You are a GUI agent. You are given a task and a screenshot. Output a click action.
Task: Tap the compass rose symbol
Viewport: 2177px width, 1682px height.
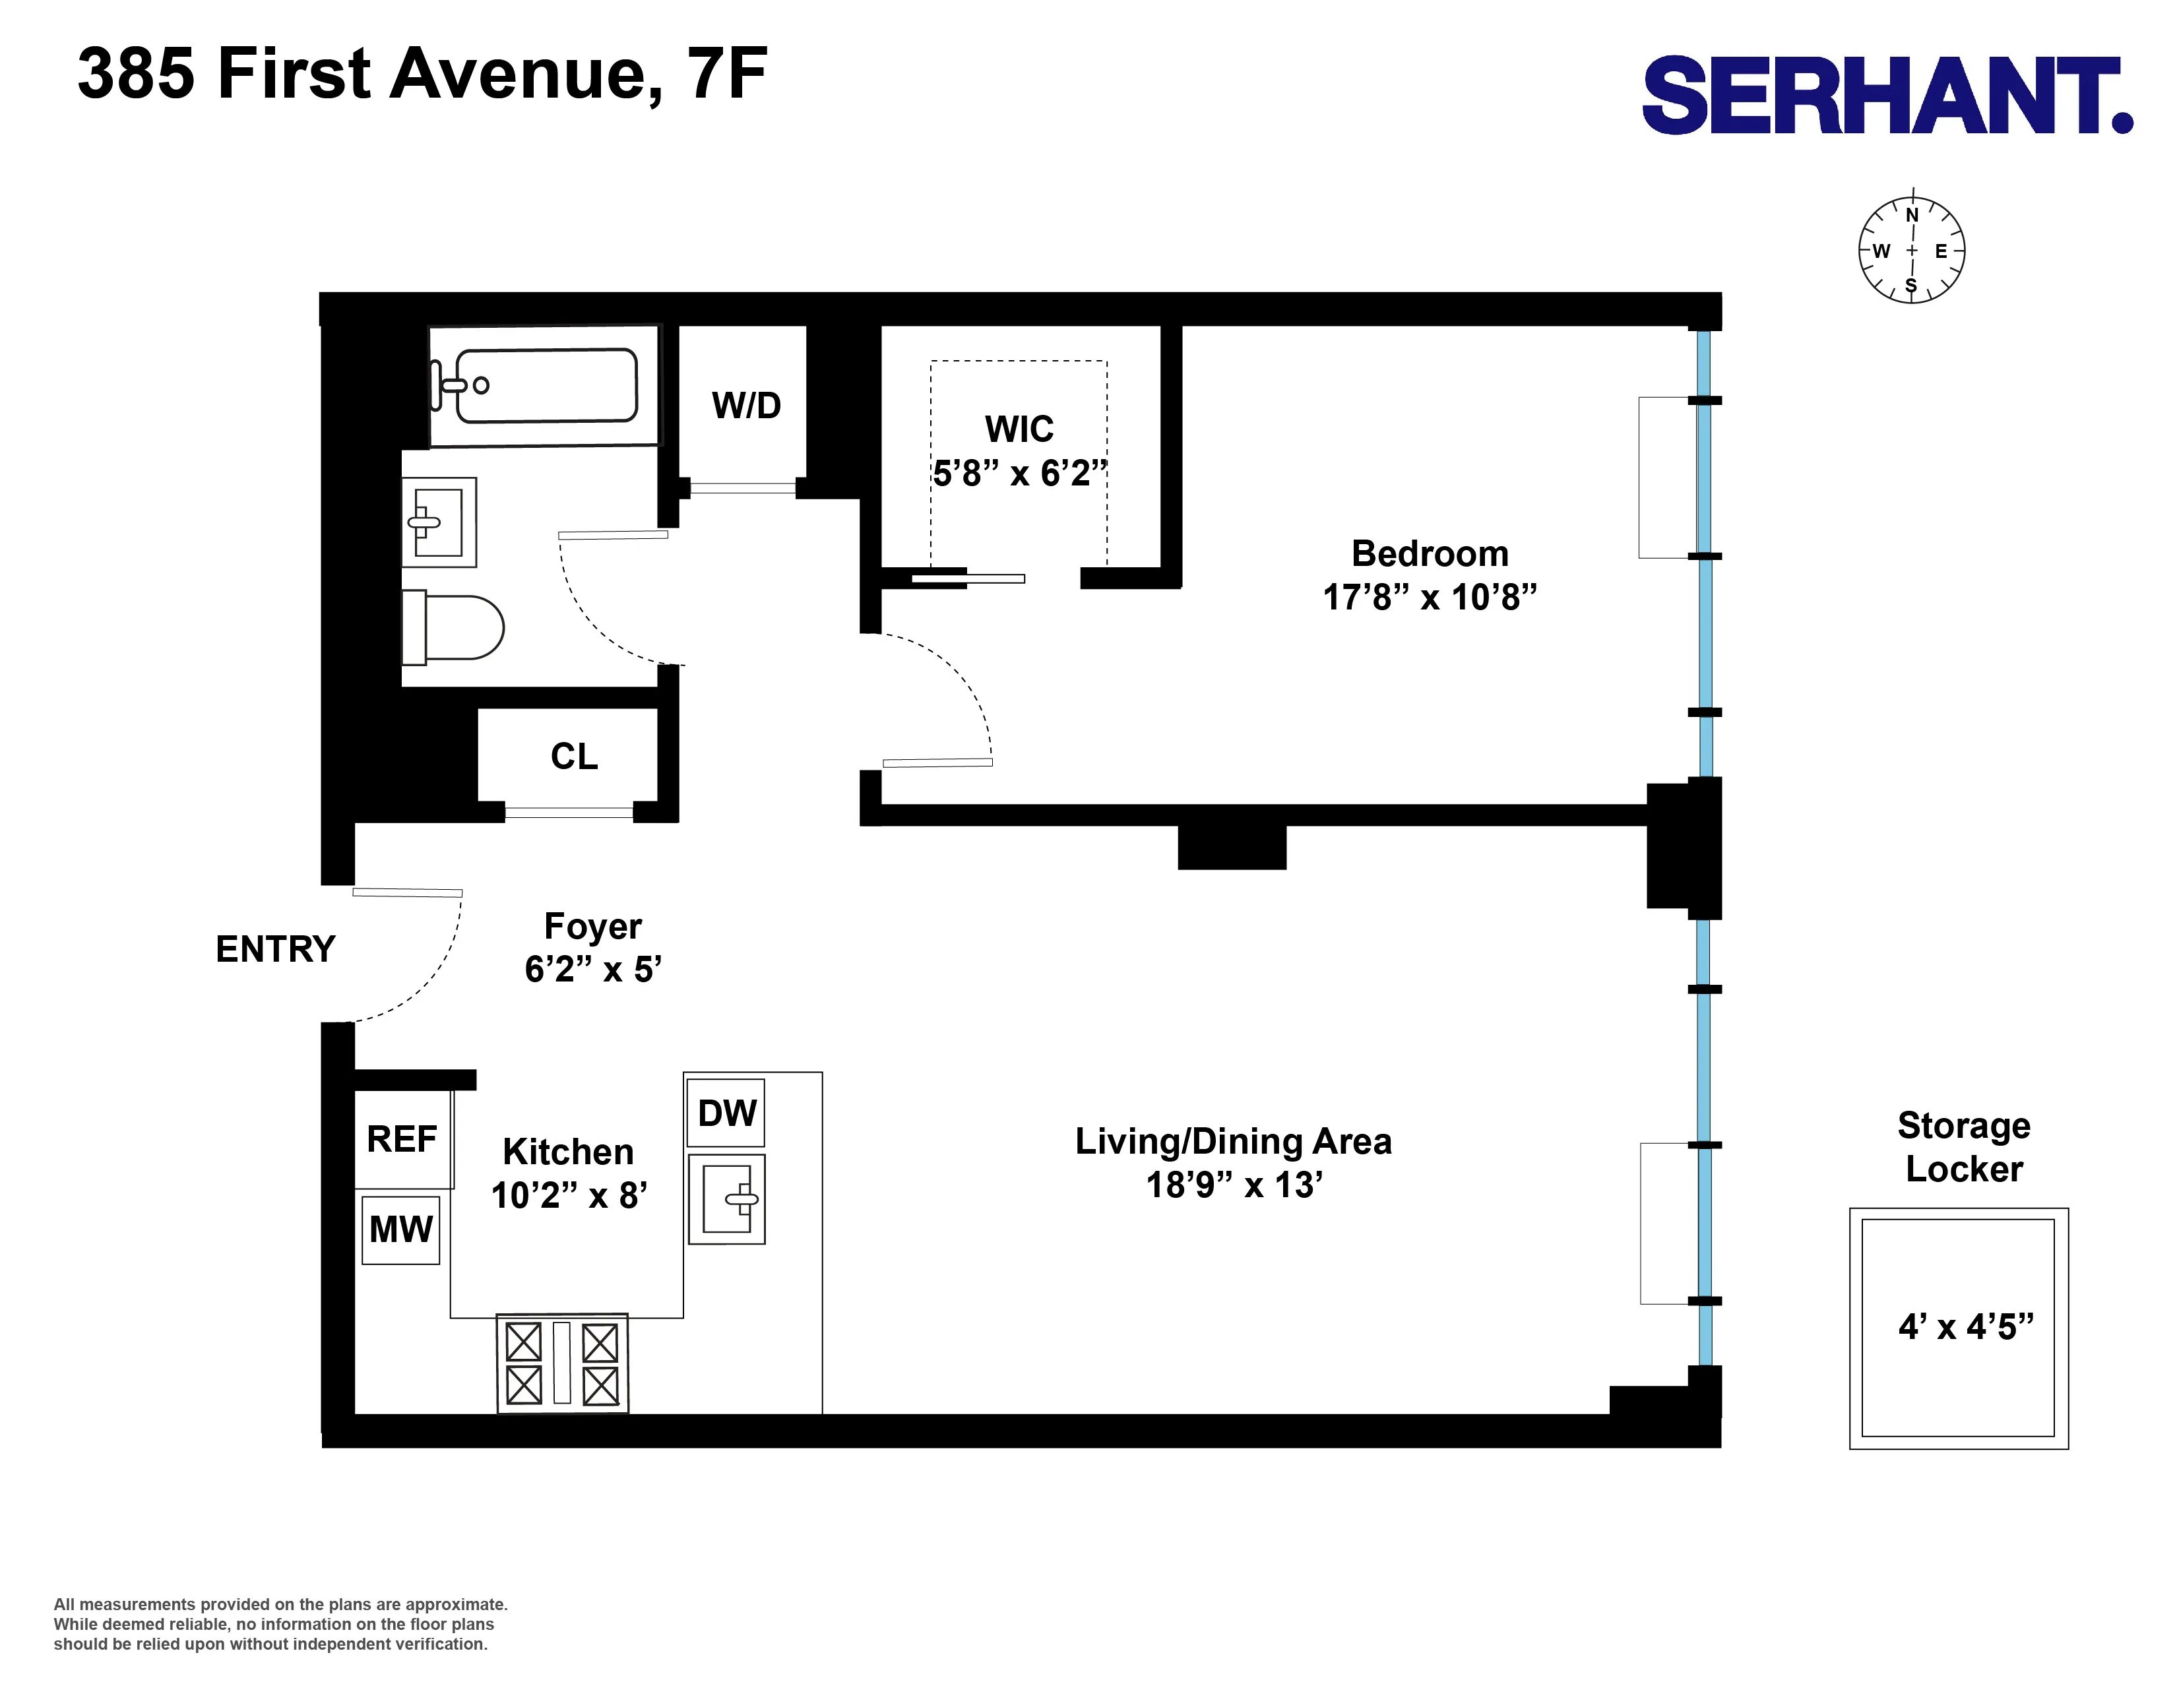tap(1911, 250)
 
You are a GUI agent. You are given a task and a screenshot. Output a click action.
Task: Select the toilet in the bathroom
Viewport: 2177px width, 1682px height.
tap(454, 628)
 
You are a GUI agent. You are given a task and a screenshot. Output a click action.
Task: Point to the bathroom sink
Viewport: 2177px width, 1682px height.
tap(439, 522)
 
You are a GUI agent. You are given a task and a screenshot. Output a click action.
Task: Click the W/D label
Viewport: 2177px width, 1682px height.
tap(745, 406)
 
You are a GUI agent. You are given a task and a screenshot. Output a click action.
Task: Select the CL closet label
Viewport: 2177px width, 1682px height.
tap(574, 757)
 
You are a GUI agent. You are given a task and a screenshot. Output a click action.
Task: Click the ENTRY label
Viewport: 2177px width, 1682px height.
tap(275, 949)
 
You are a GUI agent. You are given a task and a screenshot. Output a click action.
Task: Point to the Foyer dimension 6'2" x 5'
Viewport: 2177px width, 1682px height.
tap(593, 968)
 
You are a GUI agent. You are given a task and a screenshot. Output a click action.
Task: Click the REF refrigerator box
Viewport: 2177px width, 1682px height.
tap(402, 1138)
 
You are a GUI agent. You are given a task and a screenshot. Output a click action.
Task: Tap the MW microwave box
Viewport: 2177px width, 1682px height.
tap(400, 1230)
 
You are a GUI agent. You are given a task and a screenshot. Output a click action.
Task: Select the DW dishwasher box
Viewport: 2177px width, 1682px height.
tap(727, 1113)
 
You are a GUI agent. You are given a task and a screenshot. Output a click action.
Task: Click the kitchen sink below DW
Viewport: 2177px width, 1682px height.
tap(727, 1199)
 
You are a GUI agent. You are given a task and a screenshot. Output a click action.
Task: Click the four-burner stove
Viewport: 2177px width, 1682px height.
tap(562, 1362)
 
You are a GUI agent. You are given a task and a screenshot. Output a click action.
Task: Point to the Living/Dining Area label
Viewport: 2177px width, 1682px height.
tap(1233, 1141)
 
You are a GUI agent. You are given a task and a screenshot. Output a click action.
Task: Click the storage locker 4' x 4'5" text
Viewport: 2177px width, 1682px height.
tap(1965, 1326)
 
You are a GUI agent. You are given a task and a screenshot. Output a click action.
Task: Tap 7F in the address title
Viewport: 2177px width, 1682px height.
tap(727, 74)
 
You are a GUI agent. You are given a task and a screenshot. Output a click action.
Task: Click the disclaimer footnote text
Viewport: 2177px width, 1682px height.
tap(280, 1624)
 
